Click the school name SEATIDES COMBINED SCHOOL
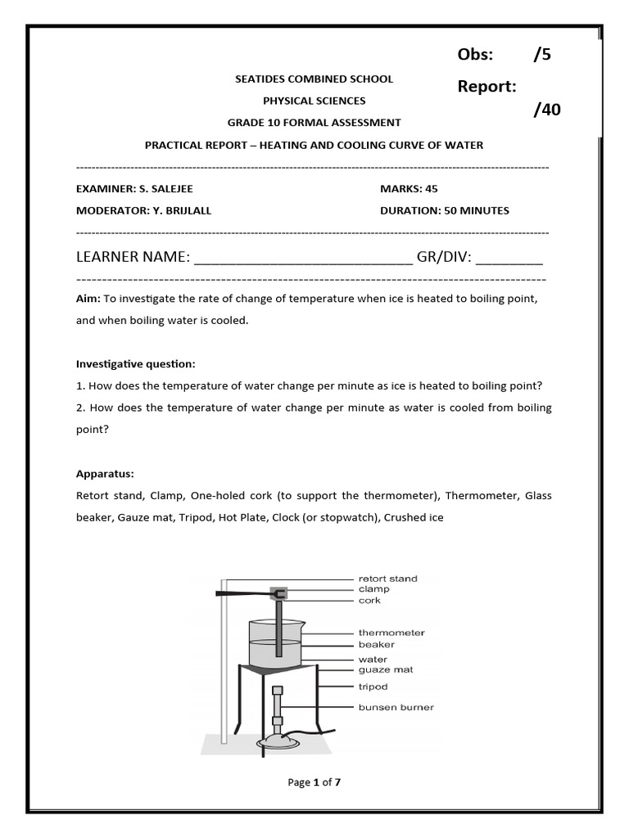(x=314, y=79)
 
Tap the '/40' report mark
(x=547, y=110)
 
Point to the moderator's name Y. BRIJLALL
(x=181, y=210)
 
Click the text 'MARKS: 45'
(x=409, y=189)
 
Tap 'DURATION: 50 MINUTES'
(x=444, y=210)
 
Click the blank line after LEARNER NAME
(x=303, y=259)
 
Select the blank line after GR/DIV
(x=509, y=259)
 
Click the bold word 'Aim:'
(x=88, y=300)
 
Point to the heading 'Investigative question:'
(x=136, y=363)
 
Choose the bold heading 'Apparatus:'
(x=105, y=474)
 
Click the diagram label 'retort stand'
(x=387, y=579)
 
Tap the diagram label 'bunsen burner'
(x=396, y=707)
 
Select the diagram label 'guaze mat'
(x=385, y=670)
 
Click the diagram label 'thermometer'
(x=391, y=633)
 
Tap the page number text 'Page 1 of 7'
(x=314, y=782)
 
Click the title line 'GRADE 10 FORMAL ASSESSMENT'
(x=314, y=123)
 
